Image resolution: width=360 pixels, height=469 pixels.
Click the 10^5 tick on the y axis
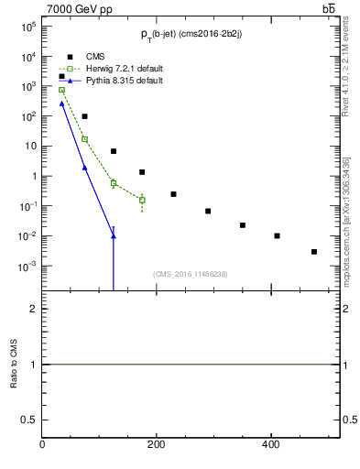click(x=28, y=27)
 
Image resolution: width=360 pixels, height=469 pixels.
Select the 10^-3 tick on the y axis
click(x=27, y=267)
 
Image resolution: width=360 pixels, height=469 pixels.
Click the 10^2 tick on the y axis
click(x=28, y=116)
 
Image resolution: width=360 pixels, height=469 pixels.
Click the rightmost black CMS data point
click(x=314, y=251)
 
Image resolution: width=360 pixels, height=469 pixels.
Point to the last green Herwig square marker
click(x=142, y=200)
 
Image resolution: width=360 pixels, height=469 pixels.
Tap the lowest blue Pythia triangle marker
click(x=114, y=236)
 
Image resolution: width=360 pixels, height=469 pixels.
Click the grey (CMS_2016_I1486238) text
click(x=191, y=273)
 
